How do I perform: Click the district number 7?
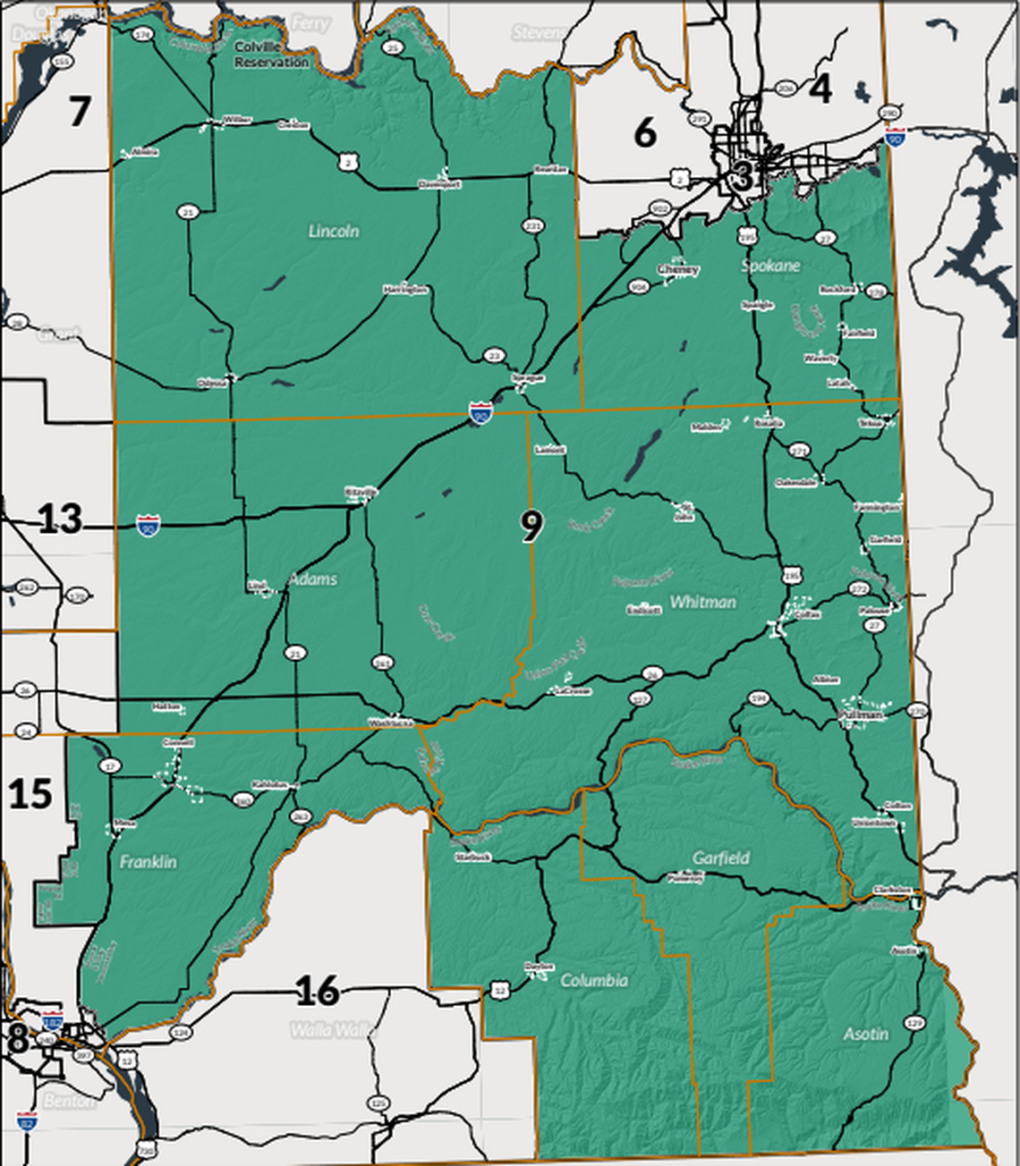(x=80, y=111)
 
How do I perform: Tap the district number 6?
(x=645, y=132)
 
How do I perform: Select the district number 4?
(x=820, y=89)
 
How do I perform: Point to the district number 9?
(x=531, y=526)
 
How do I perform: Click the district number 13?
(x=60, y=519)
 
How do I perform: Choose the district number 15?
(x=30, y=793)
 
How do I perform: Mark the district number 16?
(x=317, y=990)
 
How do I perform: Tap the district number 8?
(x=17, y=1039)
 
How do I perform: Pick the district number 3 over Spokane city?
(x=741, y=175)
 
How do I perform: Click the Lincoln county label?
(x=334, y=231)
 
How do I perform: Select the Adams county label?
(x=313, y=579)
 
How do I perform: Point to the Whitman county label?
(x=702, y=602)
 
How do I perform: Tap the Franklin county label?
(x=149, y=862)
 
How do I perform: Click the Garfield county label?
(x=720, y=858)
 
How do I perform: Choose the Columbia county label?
(x=594, y=980)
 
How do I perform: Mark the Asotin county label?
(x=865, y=1034)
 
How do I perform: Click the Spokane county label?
(x=770, y=266)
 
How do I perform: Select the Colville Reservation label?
(x=271, y=55)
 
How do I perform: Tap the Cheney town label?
(x=678, y=269)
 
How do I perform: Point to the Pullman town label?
(x=862, y=715)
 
